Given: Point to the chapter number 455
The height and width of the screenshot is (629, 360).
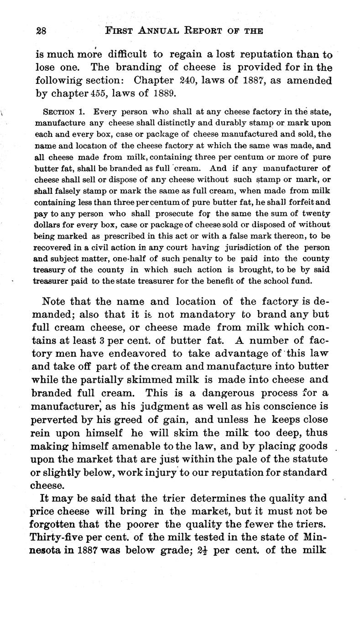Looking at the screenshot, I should [95, 95].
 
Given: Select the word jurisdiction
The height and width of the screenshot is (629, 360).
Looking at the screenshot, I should [247, 247].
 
